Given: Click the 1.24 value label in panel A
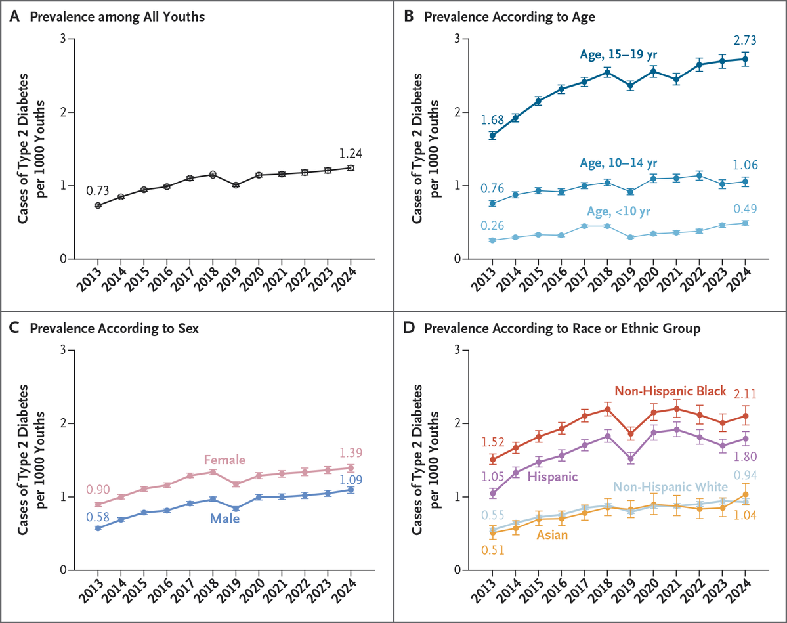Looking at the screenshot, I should tap(350, 154).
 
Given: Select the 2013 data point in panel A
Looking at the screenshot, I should tap(98, 205).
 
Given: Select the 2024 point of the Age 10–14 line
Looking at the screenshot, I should tap(744, 182).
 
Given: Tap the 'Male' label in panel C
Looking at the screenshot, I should tap(224, 519).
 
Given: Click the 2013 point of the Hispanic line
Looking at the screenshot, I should tap(492, 493).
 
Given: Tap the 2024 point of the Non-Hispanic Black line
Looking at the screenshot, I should tap(744, 416).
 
